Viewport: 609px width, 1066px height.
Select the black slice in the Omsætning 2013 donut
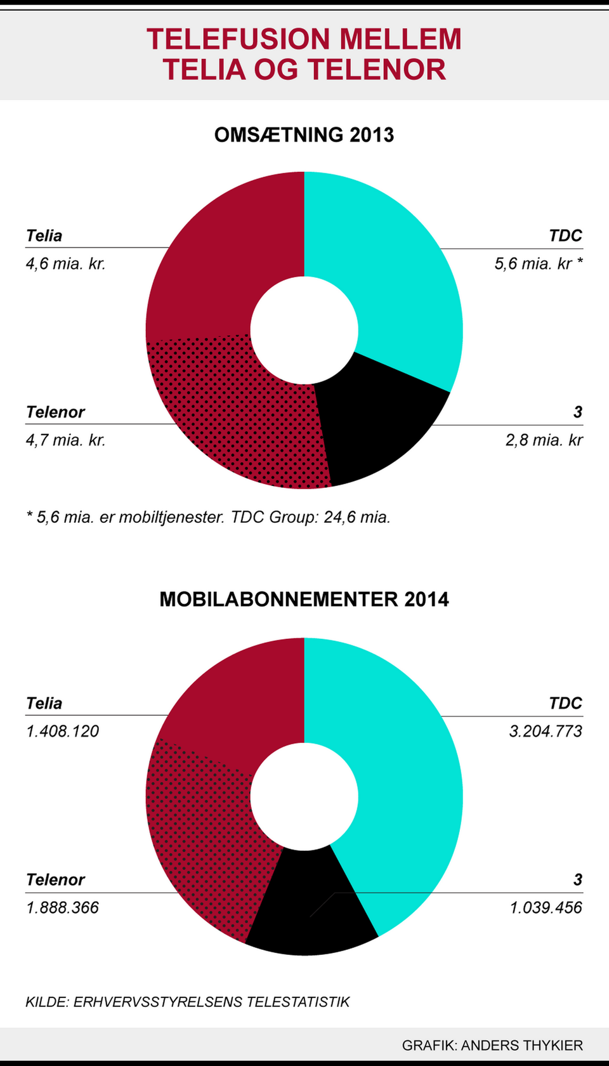point(374,425)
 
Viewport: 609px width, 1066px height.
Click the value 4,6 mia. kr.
point(65,263)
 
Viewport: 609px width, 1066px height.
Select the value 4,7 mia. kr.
point(65,440)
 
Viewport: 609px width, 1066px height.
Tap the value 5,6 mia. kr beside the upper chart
point(533,263)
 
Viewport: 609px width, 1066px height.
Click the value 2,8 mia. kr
point(544,440)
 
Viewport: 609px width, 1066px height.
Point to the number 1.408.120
point(62,731)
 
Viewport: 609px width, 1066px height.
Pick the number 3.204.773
point(546,731)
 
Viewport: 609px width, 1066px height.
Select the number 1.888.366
point(62,907)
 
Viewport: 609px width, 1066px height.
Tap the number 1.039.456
point(546,907)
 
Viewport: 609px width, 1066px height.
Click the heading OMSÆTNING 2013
point(304,135)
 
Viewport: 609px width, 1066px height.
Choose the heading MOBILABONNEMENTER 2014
point(304,600)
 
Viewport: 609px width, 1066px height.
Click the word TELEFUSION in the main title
point(239,39)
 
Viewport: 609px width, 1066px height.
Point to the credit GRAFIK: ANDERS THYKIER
point(492,1045)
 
